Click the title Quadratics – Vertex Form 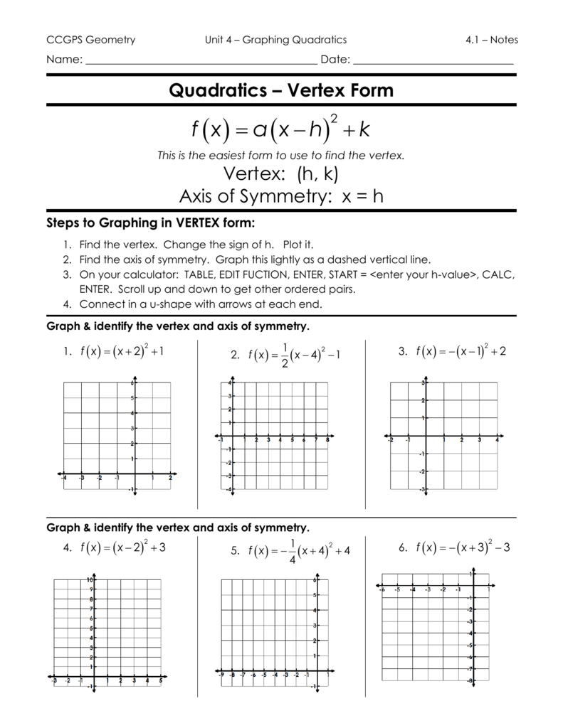(x=280, y=90)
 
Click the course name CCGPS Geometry (x=90, y=40)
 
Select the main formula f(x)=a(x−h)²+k (x=280, y=129)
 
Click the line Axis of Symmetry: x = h (x=280, y=196)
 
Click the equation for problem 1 (x=122, y=350)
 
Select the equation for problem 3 (x=462, y=350)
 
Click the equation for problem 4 (x=123, y=547)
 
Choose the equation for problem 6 (x=462, y=547)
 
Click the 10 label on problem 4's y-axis (x=90, y=580)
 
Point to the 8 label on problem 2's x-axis (x=327, y=440)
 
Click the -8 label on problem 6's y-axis (x=470, y=681)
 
